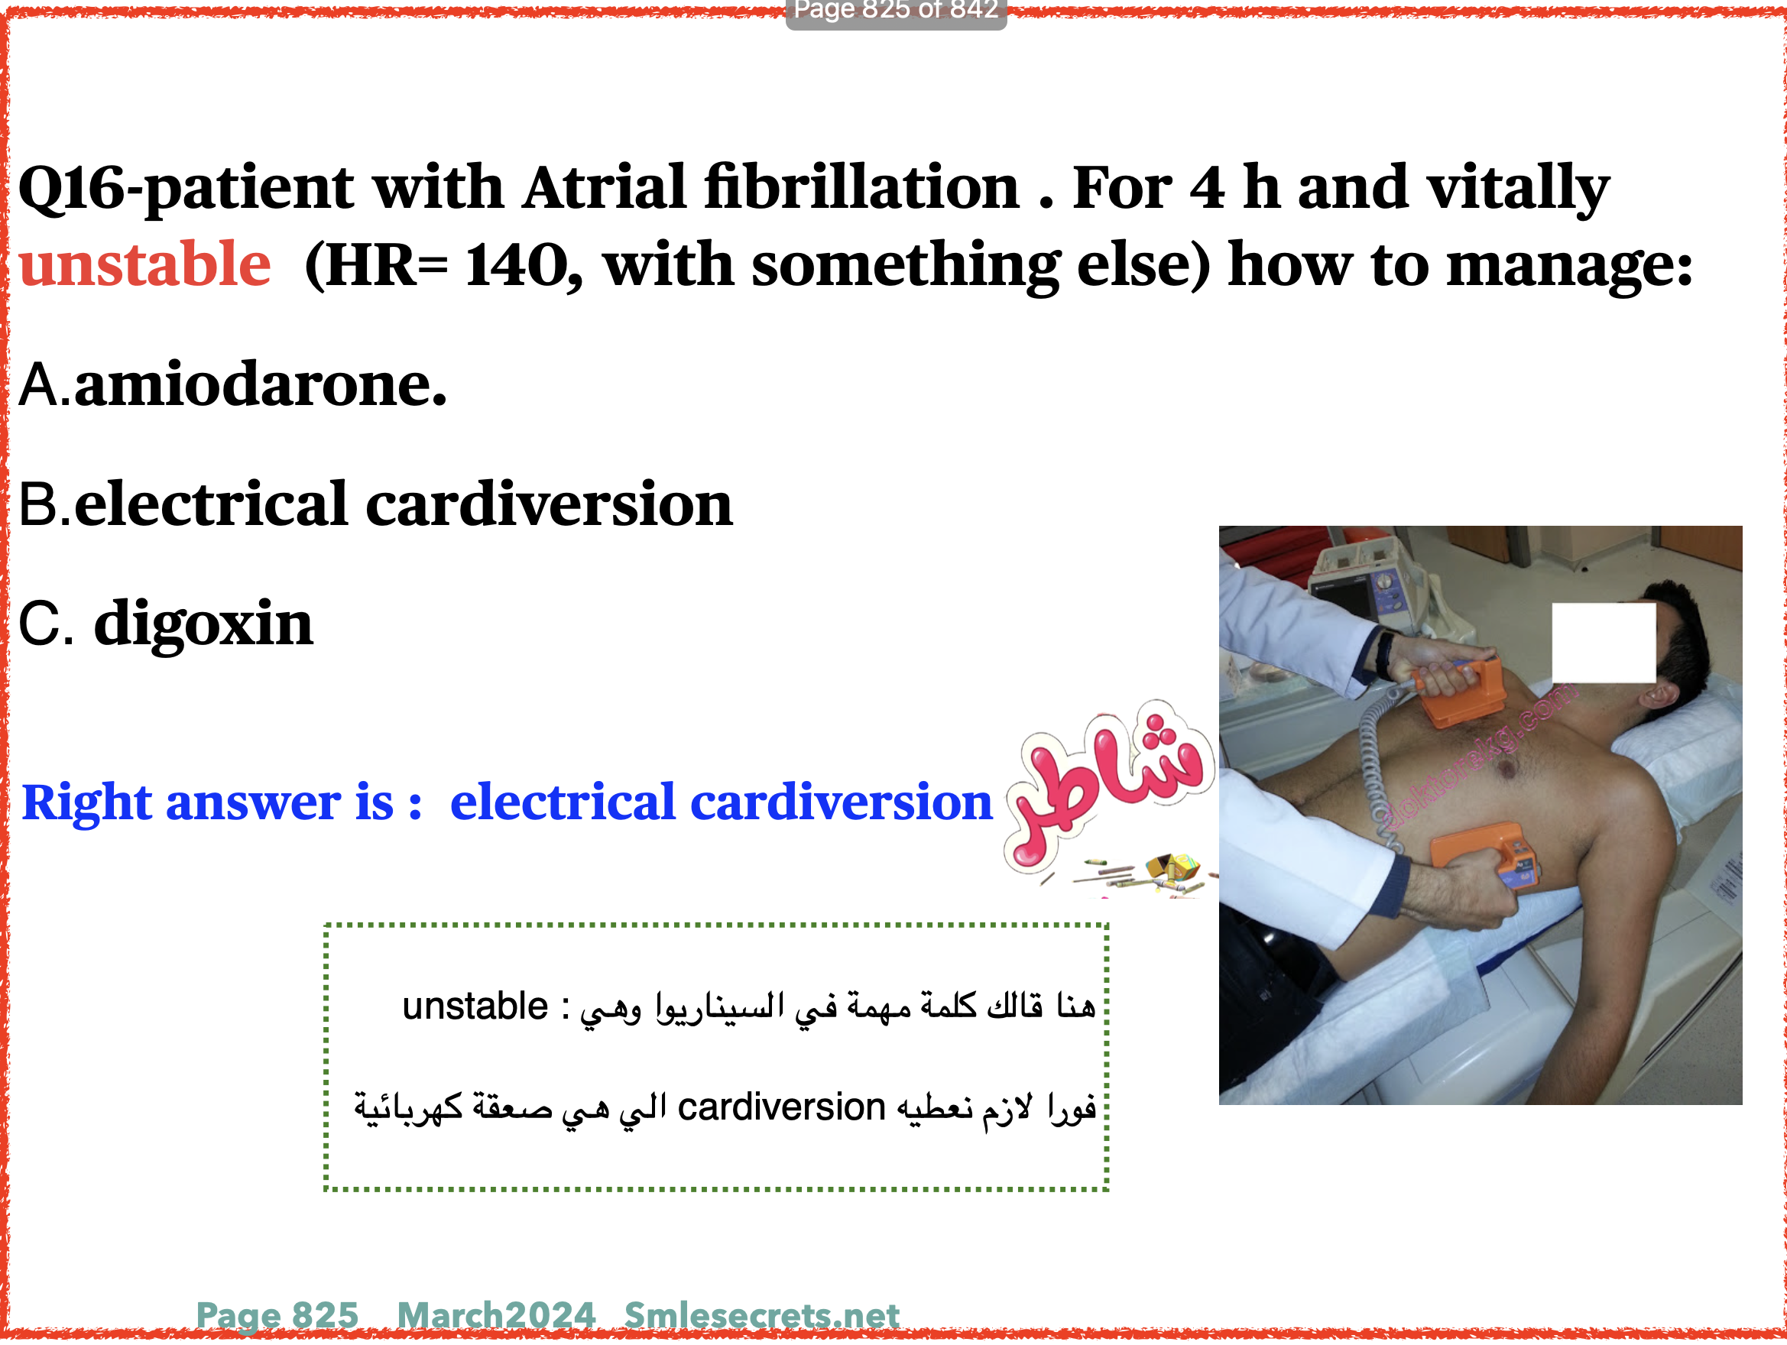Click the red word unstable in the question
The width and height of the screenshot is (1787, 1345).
(x=144, y=264)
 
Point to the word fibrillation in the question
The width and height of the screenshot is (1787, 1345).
(x=862, y=186)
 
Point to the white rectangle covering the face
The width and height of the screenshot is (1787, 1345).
(x=1603, y=643)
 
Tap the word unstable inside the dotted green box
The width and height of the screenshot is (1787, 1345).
(x=475, y=1006)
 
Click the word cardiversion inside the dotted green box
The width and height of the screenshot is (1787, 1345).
(x=781, y=1107)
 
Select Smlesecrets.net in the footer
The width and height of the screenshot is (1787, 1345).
(x=762, y=1315)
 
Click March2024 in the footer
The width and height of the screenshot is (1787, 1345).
(x=496, y=1315)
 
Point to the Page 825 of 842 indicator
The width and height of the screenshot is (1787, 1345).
(x=896, y=11)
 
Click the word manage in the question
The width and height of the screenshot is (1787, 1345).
(x=1561, y=267)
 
